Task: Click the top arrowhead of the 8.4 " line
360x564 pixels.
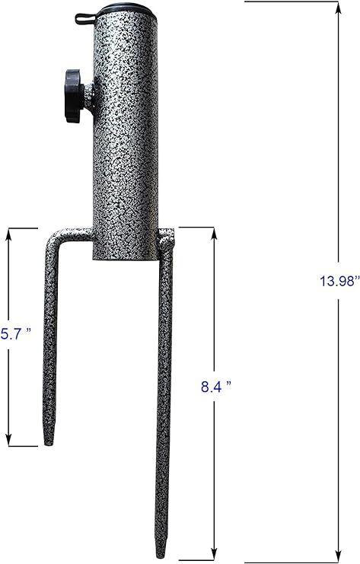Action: coord(215,231)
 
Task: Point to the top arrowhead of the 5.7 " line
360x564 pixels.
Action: coord(10,232)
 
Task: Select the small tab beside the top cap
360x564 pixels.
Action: coord(84,16)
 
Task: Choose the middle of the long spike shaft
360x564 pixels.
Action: coord(164,403)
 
